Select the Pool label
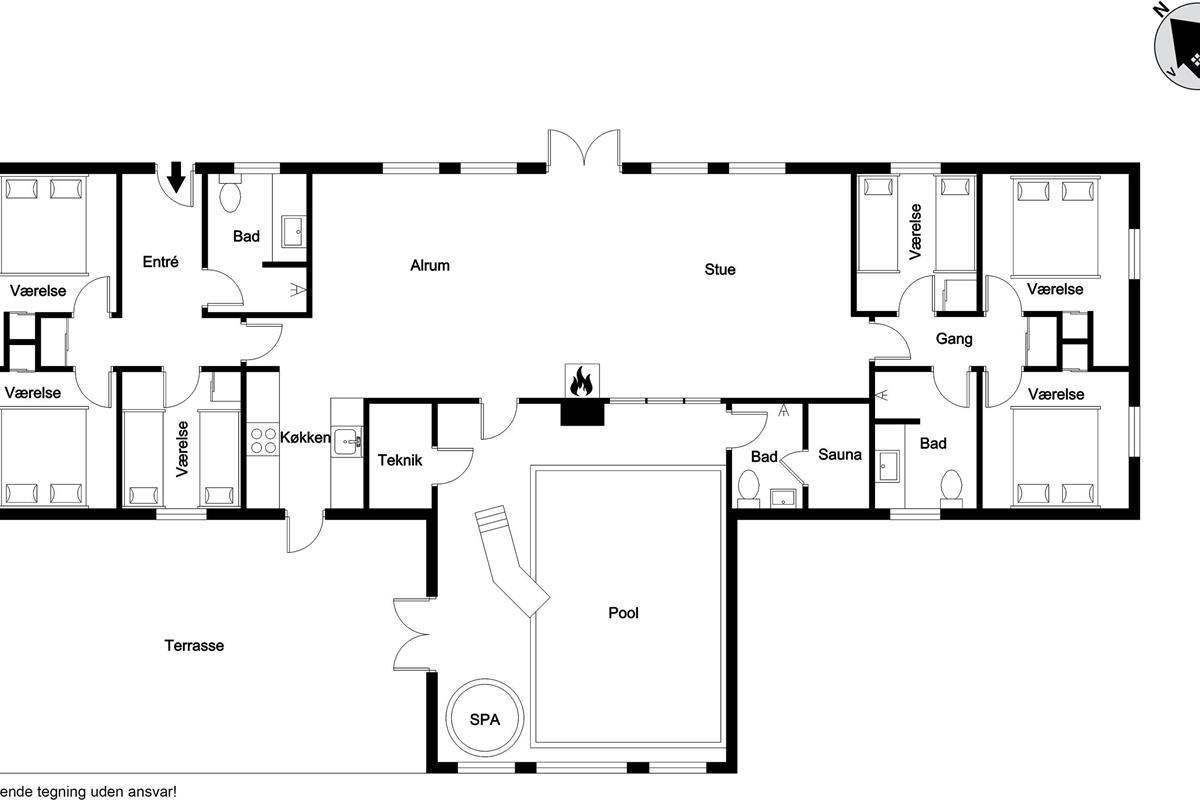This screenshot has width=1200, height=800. (623, 612)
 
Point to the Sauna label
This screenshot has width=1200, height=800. (839, 454)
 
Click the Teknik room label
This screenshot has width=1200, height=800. (400, 460)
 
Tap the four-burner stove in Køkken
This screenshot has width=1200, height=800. (263, 440)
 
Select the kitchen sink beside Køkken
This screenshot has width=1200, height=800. (347, 441)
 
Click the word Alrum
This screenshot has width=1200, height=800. (430, 265)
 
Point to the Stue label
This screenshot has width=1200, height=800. (719, 269)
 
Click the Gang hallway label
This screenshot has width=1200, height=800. (954, 339)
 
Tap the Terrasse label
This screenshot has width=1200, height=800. (194, 645)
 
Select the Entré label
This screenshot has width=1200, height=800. (160, 261)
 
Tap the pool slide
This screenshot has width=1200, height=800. (511, 559)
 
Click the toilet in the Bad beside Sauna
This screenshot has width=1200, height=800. (748, 489)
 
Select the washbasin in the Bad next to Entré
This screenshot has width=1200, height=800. (294, 231)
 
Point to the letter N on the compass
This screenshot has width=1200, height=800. (1160, 9)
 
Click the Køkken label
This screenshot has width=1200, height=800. (305, 437)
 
